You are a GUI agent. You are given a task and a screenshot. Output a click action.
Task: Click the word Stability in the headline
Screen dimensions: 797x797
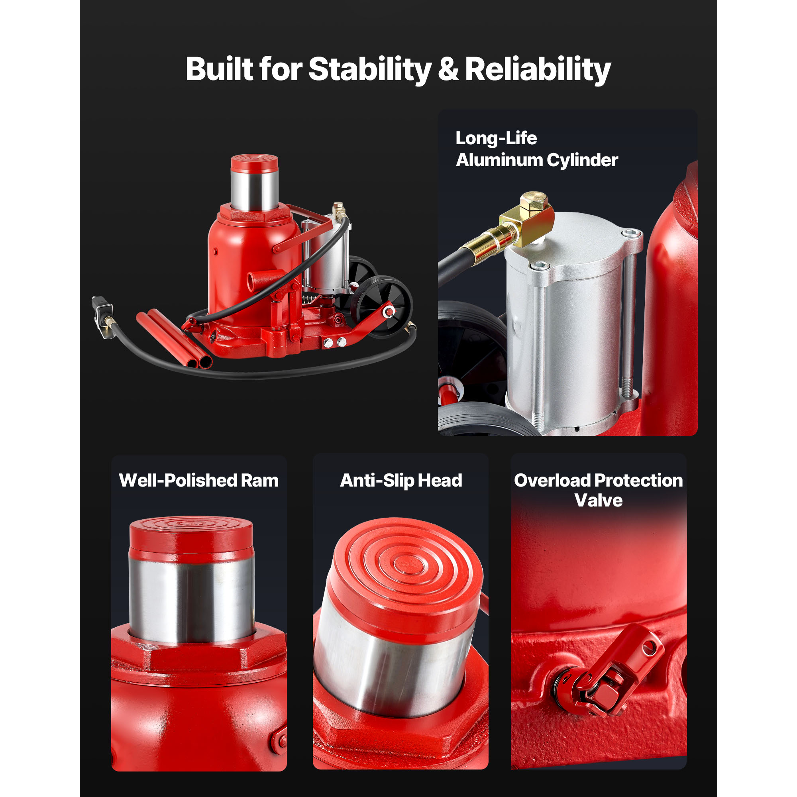pos(370,69)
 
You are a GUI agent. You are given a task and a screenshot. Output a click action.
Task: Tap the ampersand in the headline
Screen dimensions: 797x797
pos(448,69)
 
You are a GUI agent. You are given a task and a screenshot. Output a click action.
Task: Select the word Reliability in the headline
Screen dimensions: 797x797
pos(538,69)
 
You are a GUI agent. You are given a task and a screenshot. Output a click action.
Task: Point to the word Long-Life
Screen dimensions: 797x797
pos(496,138)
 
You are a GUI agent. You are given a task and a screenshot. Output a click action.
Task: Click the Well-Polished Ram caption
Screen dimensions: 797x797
pos(198,481)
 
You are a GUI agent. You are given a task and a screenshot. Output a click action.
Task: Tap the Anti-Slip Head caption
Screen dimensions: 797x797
pos(400,481)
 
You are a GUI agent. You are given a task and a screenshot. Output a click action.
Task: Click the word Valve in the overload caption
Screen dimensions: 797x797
pos(598,501)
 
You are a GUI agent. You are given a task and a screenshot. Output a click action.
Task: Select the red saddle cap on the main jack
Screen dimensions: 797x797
pos(254,163)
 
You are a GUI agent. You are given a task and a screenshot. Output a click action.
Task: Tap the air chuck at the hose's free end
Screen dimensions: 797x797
pos(102,316)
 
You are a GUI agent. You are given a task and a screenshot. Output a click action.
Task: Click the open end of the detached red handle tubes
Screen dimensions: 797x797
pos(199,362)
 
